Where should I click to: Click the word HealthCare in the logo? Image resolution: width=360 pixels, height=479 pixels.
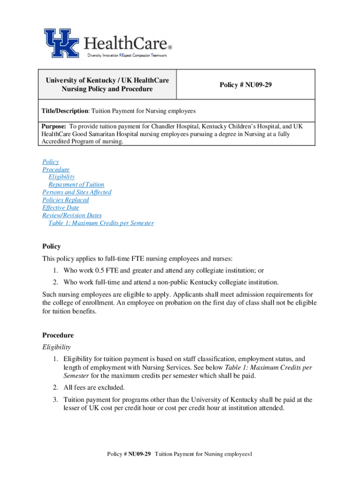coord(126,44)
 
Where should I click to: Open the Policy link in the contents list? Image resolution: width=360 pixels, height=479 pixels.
coord(50,162)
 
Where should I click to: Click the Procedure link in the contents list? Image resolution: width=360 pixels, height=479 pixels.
coord(56,169)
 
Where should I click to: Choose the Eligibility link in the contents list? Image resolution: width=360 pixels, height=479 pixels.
coord(61,177)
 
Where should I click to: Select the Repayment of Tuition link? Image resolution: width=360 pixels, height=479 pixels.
coord(76,185)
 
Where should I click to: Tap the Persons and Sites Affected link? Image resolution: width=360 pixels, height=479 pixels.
coord(77,192)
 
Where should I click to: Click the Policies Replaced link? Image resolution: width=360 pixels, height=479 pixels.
coord(65,200)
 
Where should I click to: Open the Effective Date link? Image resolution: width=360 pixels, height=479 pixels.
coord(60,208)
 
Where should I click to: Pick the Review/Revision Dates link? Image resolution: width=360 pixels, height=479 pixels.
coord(72,216)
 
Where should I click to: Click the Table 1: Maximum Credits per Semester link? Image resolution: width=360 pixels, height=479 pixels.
coord(101,223)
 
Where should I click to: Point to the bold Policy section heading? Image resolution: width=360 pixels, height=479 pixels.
coord(51,246)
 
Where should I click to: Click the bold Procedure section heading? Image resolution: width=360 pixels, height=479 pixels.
coord(58,335)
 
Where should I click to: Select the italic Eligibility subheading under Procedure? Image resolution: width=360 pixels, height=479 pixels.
coord(56,347)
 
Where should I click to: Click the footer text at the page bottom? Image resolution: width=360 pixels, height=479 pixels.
coord(180,454)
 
